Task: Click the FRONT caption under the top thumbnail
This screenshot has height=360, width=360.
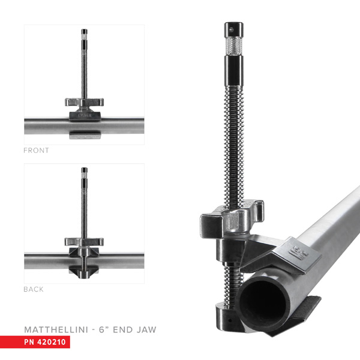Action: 36,151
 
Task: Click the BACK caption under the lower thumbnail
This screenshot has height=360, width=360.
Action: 34,289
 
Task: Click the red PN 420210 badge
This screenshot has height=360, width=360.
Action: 47,343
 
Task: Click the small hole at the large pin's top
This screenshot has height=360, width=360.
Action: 232,26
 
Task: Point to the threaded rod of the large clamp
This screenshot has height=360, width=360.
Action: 232,138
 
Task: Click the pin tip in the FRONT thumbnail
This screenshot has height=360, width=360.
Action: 84,32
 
